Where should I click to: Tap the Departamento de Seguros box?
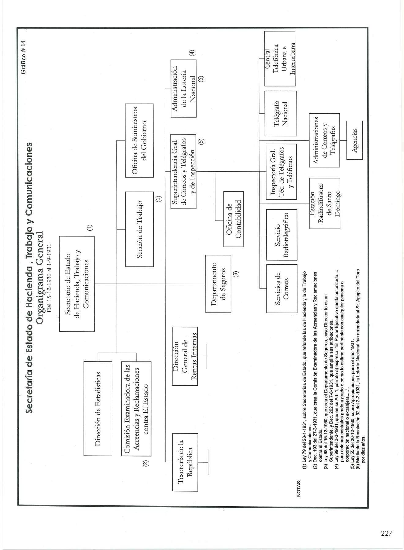pos(219,284)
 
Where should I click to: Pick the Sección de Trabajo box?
pos(139,229)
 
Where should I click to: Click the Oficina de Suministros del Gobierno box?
pos(139,141)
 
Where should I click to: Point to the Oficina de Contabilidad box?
pos(234,219)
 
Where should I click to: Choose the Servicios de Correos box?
pos(282,288)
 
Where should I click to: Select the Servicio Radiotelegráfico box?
pos(282,234)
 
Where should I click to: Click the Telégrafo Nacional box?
pos(280,113)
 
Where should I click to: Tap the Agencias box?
pos(354,140)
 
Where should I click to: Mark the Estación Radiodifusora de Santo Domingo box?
pos(325,204)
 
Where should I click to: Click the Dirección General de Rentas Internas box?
pos(185,356)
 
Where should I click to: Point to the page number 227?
pos(387,533)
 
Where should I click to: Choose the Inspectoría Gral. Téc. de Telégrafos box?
pos(281,171)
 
